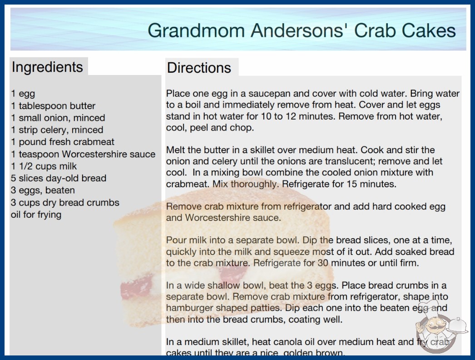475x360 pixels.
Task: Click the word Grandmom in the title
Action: click(196, 30)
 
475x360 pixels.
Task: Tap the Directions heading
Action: click(199, 68)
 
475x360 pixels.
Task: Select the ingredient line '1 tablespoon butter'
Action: click(53, 106)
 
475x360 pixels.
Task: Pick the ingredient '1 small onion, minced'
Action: click(58, 118)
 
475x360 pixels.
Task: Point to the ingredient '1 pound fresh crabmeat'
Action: click(62, 142)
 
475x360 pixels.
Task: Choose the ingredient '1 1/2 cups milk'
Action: click(44, 166)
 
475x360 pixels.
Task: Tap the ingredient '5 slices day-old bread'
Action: click(59, 178)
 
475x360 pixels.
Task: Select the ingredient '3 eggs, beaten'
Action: click(43, 190)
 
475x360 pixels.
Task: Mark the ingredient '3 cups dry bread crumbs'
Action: click(65, 203)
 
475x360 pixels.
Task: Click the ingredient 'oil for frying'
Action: click(36, 215)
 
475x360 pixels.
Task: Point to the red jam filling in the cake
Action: click(136, 287)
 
